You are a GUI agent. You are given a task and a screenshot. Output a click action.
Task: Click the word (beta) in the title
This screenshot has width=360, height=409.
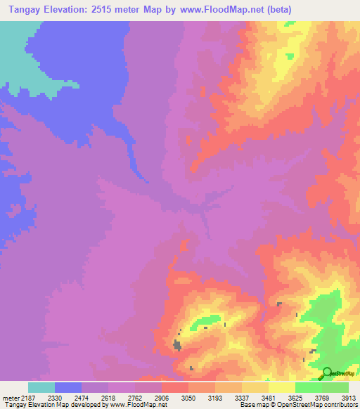pyautogui.click(x=276, y=10)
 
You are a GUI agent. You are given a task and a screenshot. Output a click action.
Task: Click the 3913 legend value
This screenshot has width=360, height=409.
pyautogui.click(x=347, y=397)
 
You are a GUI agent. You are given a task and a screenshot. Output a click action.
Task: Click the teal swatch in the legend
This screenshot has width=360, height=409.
pyautogui.click(x=41, y=387)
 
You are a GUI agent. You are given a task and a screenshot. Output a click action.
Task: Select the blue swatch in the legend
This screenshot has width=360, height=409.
pyautogui.click(x=67, y=387)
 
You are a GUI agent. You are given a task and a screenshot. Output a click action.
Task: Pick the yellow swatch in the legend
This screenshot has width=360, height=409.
pyautogui.click(x=281, y=387)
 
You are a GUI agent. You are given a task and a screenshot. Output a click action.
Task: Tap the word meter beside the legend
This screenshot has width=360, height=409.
pyautogui.click(x=10, y=397)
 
